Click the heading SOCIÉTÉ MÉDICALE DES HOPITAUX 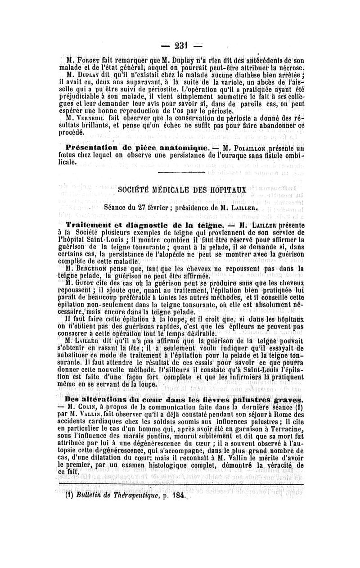[x=182, y=190]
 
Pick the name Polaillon [x=252, y=148]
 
